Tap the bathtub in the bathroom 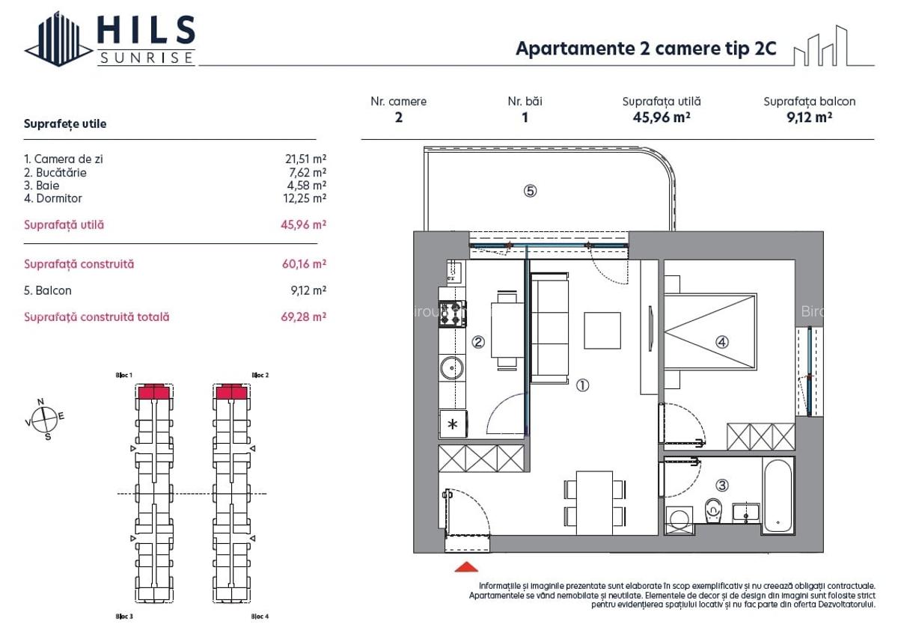coord(778,495)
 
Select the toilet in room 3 coord(713,513)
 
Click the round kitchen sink coord(451,368)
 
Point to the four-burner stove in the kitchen coord(452,314)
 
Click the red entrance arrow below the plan coord(466,566)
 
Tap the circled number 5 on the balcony coord(530,191)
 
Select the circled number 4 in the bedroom coord(721,342)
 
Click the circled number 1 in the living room coord(582,386)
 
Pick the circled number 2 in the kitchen coord(478,343)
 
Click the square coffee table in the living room coord(602,331)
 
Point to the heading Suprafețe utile coord(65,124)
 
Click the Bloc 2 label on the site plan coord(260,375)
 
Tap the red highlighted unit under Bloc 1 coord(155,392)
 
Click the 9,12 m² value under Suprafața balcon coord(809,117)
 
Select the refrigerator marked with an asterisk coord(452,423)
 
